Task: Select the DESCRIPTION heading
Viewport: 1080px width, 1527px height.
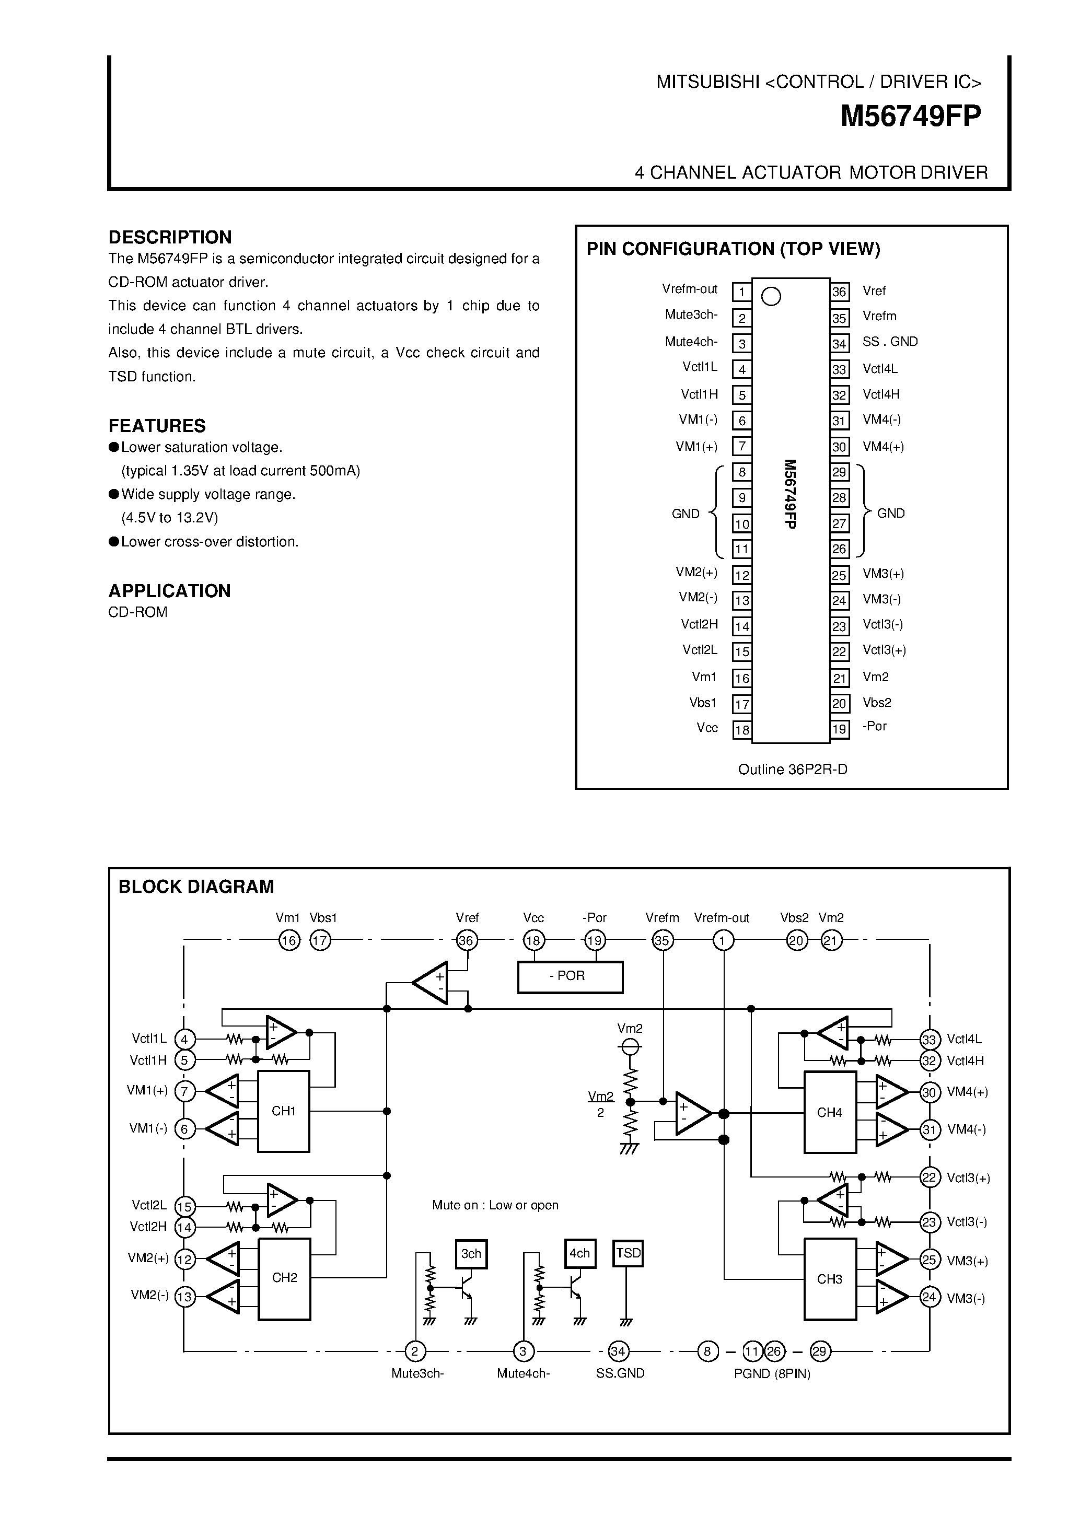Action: tap(170, 237)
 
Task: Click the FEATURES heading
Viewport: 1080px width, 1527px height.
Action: tap(157, 426)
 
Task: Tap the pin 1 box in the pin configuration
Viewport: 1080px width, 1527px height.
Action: tap(741, 292)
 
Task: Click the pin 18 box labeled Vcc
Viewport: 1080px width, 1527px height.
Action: tap(741, 730)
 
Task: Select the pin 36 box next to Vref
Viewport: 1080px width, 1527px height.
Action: tap(839, 292)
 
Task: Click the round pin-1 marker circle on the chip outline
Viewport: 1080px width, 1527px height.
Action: tap(771, 297)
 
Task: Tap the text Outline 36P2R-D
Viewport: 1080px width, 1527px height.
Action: tap(792, 770)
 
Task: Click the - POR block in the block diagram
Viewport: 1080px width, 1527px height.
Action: tap(570, 976)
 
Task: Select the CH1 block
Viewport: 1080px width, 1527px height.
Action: tap(283, 1111)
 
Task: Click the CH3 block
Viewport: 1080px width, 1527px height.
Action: tap(829, 1279)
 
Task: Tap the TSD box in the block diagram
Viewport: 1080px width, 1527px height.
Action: tap(628, 1254)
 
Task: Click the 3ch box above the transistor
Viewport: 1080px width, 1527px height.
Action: tap(471, 1254)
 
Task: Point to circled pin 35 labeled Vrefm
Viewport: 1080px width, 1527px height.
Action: tap(663, 940)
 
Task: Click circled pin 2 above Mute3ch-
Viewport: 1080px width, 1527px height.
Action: tap(415, 1351)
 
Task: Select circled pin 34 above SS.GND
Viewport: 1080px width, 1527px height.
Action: tap(618, 1351)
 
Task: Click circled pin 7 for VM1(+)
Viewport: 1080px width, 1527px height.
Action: tap(185, 1091)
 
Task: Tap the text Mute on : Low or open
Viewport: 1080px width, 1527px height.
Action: tap(495, 1205)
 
